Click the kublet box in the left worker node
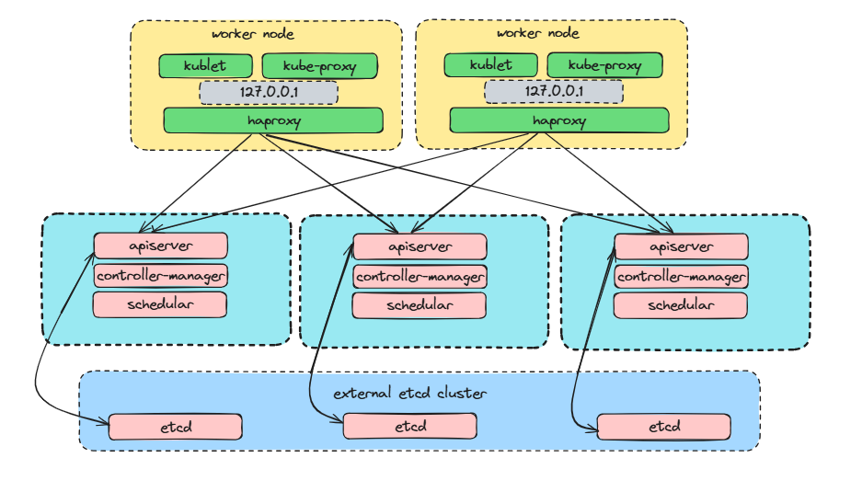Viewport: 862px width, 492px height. (x=205, y=66)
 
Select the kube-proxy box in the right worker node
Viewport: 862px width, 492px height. (x=604, y=66)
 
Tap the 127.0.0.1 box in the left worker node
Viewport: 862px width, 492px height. (x=269, y=93)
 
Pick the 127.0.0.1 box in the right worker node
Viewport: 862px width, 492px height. (x=554, y=93)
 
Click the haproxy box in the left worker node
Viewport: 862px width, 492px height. (x=273, y=120)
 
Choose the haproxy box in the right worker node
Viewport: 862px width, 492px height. (x=558, y=120)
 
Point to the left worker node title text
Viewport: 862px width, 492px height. (x=253, y=34)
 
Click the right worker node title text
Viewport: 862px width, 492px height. (x=538, y=34)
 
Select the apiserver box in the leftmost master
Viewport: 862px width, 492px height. (x=161, y=246)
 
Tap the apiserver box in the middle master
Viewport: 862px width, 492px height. (x=420, y=247)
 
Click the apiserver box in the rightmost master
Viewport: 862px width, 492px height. (x=681, y=247)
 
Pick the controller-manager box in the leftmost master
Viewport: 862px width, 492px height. (x=161, y=275)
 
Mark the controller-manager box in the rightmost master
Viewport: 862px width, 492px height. (x=681, y=277)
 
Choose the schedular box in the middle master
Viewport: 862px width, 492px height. (x=420, y=305)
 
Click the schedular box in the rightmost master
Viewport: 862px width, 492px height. (x=681, y=305)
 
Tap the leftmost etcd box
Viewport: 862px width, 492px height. (x=175, y=427)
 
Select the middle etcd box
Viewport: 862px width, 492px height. (x=409, y=427)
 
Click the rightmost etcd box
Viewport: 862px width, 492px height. (x=663, y=427)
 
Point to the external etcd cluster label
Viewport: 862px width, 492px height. (x=409, y=394)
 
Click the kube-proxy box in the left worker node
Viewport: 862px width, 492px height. (x=319, y=66)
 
